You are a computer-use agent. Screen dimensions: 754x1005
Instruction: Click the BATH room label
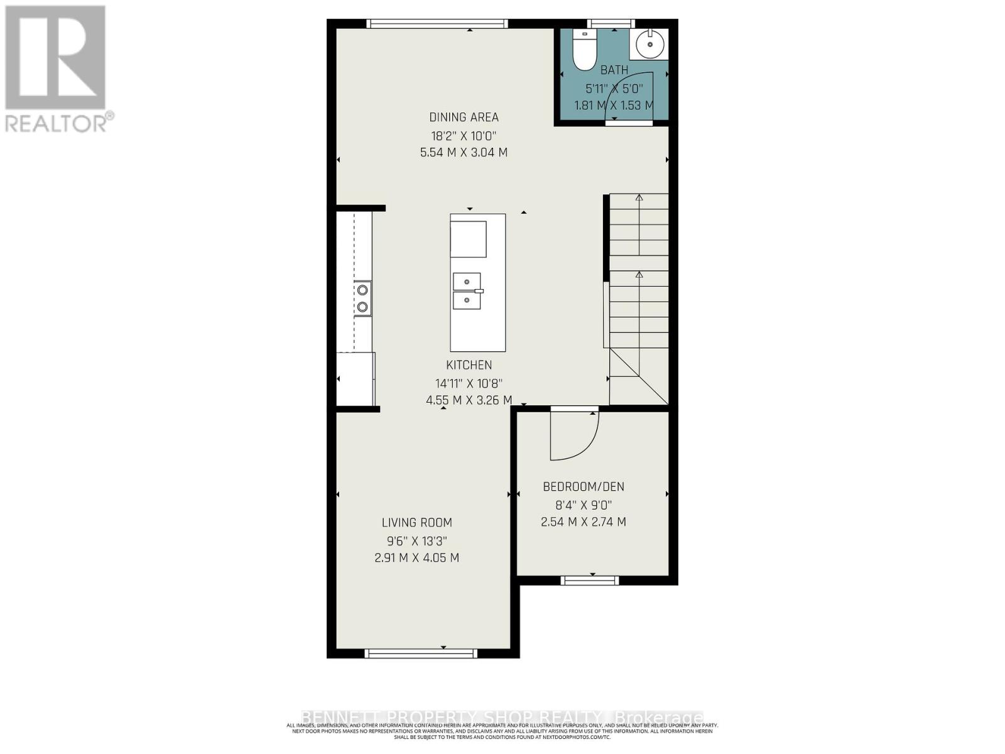click(x=614, y=70)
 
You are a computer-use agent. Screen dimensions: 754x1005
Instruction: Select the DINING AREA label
click(x=464, y=117)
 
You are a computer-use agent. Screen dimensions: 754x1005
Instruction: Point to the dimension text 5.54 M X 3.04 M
click(x=464, y=153)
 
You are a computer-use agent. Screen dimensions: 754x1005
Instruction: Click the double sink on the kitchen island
click(x=467, y=291)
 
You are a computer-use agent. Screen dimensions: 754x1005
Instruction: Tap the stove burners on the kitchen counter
click(x=362, y=298)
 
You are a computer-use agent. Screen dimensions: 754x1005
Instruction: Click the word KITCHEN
click(x=469, y=365)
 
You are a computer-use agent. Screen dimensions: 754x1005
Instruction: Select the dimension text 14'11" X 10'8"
click(x=469, y=383)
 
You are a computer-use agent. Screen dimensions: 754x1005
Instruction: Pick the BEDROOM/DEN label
click(x=583, y=487)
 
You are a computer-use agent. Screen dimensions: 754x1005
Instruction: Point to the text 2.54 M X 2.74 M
click(x=583, y=522)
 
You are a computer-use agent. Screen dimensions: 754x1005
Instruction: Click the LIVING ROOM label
click(x=416, y=523)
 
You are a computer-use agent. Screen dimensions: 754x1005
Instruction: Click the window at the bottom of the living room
click(x=421, y=654)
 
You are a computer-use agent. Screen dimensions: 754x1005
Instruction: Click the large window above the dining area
click(x=437, y=24)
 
